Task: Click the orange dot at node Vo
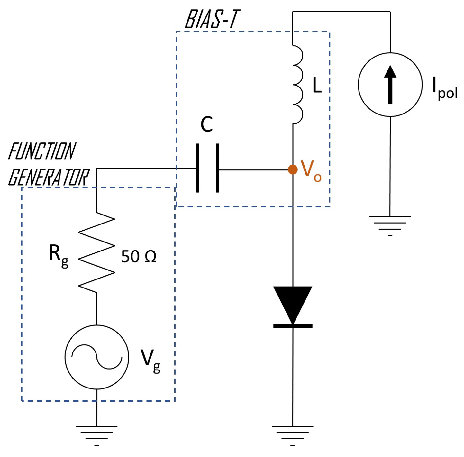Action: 293,169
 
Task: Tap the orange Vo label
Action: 311,171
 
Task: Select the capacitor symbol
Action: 208,168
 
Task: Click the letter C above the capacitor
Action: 206,124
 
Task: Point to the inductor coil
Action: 297,84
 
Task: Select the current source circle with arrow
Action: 390,85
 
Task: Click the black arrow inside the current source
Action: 390,84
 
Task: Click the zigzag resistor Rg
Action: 96,252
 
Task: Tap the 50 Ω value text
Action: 139,257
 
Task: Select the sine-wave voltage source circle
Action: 97,357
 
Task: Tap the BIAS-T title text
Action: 212,19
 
